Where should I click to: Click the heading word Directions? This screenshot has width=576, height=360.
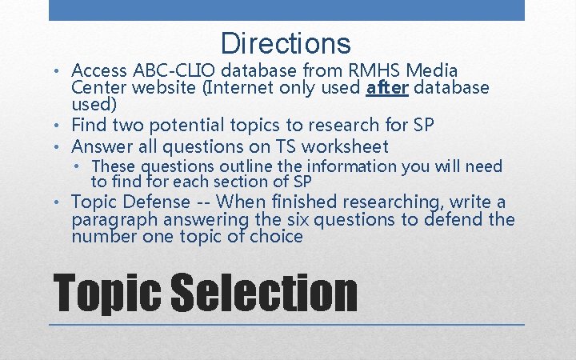coord(286,43)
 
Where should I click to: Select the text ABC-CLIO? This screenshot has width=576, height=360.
coord(173,70)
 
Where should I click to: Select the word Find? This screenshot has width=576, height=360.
coord(89,125)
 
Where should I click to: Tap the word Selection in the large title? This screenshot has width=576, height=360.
coord(265,293)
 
